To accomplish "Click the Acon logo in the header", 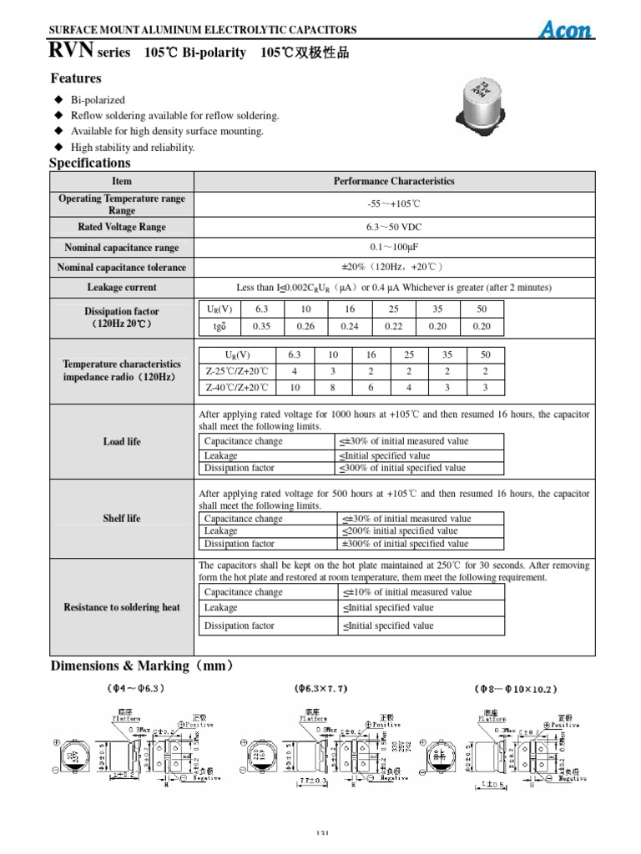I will point(565,30).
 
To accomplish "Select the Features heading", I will point(76,78).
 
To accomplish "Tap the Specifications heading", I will point(90,163).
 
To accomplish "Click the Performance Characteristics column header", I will point(394,181).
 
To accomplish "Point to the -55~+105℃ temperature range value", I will point(394,204).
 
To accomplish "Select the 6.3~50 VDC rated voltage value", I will point(394,227).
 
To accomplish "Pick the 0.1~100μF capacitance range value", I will point(394,248).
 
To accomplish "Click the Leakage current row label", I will point(122,287).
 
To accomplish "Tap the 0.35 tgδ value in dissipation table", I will point(261,326).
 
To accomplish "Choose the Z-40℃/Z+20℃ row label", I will point(238,387).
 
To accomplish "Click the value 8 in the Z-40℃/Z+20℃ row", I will point(332,387).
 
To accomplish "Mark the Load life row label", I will point(122,441).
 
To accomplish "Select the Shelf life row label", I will point(122,518).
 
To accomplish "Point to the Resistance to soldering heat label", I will point(122,607).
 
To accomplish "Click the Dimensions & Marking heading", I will point(142,666).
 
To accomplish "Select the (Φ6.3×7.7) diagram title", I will point(320,690).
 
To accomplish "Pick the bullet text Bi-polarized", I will point(98,100).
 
